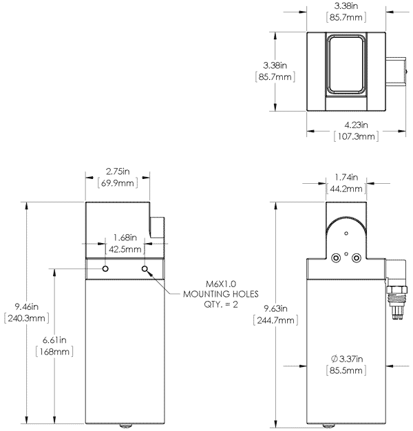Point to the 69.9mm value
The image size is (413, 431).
(x=116, y=183)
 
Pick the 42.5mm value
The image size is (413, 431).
(x=125, y=249)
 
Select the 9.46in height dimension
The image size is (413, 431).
(x=25, y=306)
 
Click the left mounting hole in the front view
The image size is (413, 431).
(x=105, y=268)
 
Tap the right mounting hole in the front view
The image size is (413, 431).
(x=145, y=268)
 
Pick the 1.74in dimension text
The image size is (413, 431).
(x=346, y=176)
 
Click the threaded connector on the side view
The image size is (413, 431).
(x=396, y=299)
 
